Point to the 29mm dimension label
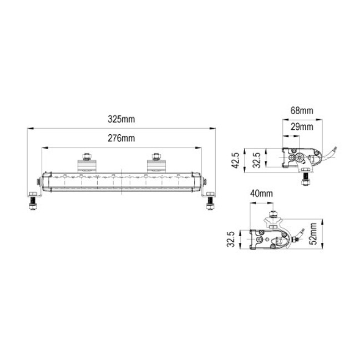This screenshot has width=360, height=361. [302, 126]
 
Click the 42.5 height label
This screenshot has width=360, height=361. [236, 160]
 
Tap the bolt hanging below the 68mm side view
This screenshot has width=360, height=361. [305, 180]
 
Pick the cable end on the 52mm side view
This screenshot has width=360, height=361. [303, 228]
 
